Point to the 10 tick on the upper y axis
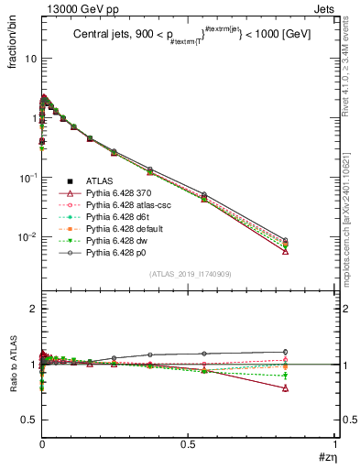pos(27,58)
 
